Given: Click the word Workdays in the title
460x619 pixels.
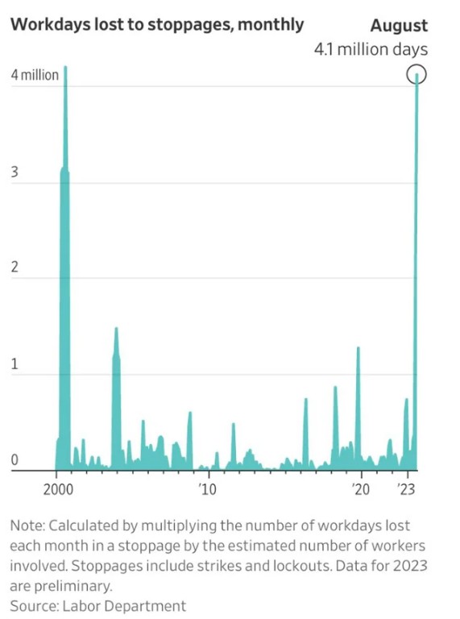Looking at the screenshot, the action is (50, 25).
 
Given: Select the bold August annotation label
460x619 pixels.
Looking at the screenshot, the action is (399, 26).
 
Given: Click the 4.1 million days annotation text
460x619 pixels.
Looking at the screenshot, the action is (371, 50).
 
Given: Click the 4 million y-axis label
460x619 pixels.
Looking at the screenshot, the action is (35, 75).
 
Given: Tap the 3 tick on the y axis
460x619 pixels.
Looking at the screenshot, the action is (15, 172).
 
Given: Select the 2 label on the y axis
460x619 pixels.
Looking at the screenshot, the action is (15, 268).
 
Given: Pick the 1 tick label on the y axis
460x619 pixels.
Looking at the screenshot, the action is (15, 364).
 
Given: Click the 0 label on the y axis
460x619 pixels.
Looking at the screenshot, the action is (15, 460).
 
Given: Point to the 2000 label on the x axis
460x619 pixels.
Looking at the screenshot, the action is (58, 489).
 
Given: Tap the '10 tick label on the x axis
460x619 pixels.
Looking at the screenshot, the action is (208, 489).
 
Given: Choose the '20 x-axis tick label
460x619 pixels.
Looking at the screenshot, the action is (361, 489).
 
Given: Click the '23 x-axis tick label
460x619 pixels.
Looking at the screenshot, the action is (406, 489).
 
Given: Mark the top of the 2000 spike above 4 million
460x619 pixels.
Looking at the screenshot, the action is (65, 67).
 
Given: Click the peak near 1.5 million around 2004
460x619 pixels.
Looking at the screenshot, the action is (116, 328).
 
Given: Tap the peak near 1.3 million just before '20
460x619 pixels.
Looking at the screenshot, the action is (358, 347).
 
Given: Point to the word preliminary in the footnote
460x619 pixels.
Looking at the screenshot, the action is (73, 586).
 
